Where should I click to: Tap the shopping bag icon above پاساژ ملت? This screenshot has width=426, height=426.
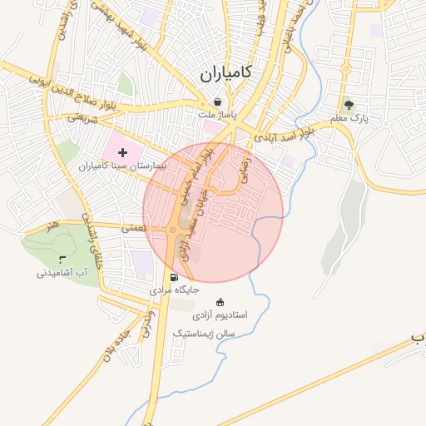pyautogui.click(x=217, y=102)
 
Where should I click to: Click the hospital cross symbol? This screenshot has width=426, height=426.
pyautogui.click(x=123, y=152)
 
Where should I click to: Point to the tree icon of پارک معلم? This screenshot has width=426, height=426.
pyautogui.click(x=349, y=105)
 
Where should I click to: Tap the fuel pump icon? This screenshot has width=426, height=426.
pyautogui.click(x=173, y=277)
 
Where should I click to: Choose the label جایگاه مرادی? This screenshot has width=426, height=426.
pyautogui.click(x=174, y=291)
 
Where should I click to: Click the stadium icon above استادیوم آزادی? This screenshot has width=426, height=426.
pyautogui.click(x=220, y=302)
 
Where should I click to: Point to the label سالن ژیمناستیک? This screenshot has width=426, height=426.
pyautogui.click(x=204, y=333)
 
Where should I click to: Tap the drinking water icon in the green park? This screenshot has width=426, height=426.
pyautogui.click(x=62, y=260)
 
